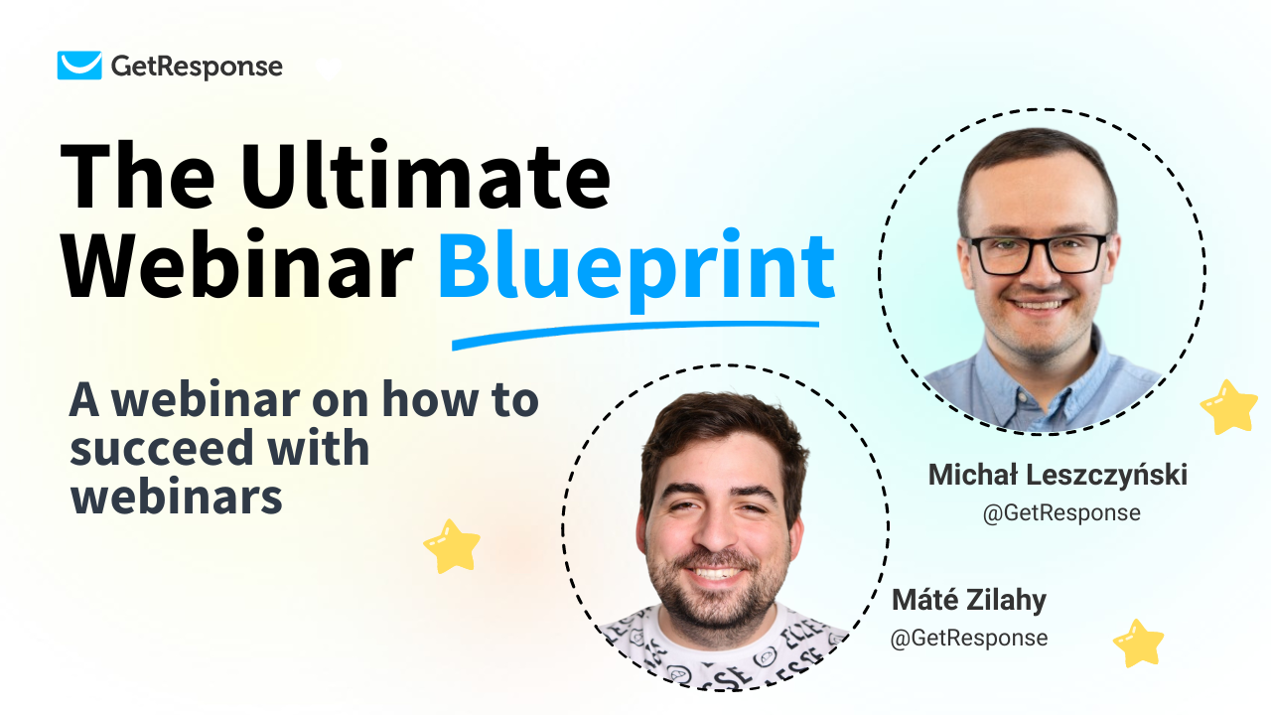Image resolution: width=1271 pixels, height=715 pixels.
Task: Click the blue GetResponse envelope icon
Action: tap(79, 66)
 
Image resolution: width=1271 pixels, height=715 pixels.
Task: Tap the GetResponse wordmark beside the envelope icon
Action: tap(197, 67)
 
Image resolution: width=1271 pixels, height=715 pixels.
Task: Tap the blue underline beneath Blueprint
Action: tap(635, 334)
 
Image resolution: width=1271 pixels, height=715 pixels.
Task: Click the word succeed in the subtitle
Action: tap(148, 449)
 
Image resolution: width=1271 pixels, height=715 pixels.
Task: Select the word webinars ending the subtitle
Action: tap(177, 497)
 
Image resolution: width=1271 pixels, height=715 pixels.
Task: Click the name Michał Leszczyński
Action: tap(1058, 476)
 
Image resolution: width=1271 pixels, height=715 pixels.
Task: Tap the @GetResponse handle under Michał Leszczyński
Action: tap(1061, 513)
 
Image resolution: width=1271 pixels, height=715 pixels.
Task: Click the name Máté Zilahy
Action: tap(968, 600)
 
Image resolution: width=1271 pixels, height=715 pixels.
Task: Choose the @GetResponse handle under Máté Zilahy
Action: tap(968, 638)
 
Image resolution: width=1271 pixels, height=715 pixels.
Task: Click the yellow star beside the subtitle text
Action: tap(452, 545)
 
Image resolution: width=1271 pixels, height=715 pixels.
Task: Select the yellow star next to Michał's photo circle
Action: tap(1229, 406)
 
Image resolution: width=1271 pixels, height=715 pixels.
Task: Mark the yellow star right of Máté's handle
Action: tap(1138, 643)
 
